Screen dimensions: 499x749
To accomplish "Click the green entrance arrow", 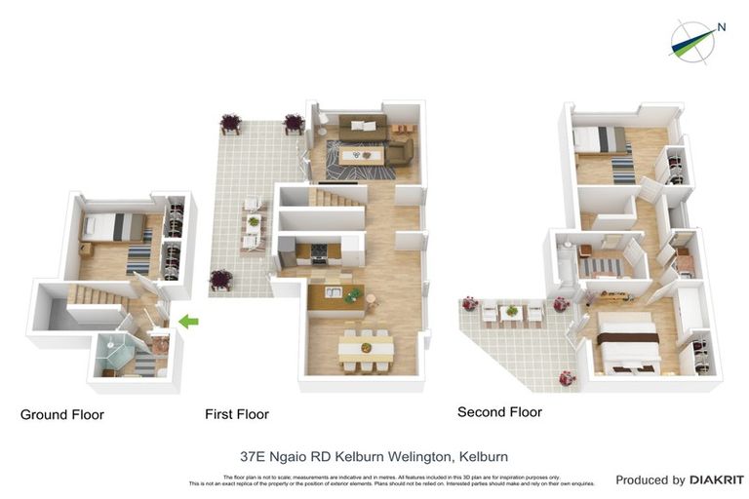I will (x=189, y=321).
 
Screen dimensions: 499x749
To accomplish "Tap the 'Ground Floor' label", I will (x=62, y=415).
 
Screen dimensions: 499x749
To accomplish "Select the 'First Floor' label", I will (x=237, y=414).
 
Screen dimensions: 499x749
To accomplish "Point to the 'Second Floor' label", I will (x=499, y=412).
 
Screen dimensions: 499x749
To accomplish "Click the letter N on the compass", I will (x=722, y=27).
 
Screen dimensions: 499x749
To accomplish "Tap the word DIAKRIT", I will (x=717, y=480).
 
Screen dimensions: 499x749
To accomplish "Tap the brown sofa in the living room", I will (x=363, y=126).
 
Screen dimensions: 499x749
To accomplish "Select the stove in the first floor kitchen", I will (x=317, y=252).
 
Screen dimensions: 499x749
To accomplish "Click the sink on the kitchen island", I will (x=333, y=293).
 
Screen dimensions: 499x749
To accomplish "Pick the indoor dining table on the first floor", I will (x=367, y=348).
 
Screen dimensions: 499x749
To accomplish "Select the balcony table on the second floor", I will (x=509, y=312).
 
